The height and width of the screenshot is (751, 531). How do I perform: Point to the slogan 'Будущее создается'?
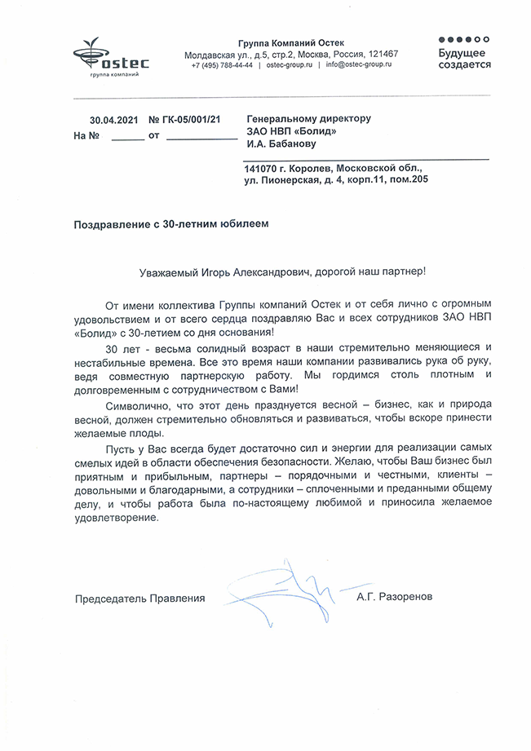point(464,58)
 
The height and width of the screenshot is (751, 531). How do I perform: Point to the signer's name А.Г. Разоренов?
point(395,598)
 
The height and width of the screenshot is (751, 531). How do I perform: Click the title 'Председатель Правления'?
point(139,598)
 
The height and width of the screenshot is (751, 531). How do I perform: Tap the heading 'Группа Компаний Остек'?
point(291,42)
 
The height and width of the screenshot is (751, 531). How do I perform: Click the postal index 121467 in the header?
point(382,54)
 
